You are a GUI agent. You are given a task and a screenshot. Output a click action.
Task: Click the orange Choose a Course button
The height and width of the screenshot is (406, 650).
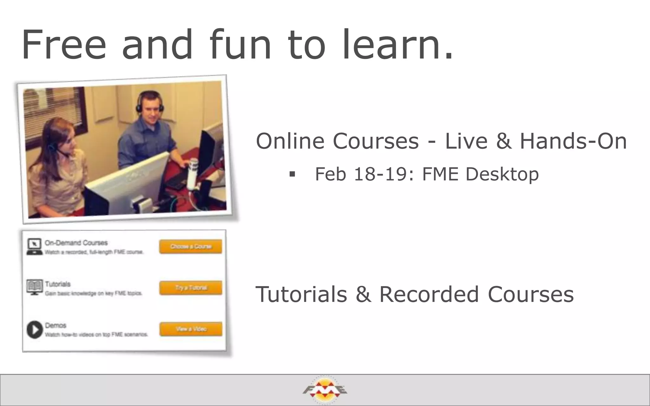pos(190,246)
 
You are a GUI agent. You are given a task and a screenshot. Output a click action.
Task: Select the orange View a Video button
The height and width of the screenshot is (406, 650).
pos(191,329)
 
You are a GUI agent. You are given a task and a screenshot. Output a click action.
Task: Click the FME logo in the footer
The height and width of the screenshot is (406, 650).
pos(325,390)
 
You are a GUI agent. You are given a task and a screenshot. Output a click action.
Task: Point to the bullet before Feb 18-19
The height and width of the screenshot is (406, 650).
pos(292,174)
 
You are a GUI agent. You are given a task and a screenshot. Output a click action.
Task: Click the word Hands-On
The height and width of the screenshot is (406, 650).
pos(573,141)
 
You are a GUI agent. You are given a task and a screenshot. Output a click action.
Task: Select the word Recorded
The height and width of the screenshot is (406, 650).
pos(429,294)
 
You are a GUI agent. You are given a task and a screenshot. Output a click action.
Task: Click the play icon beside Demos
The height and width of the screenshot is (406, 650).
pos(35,330)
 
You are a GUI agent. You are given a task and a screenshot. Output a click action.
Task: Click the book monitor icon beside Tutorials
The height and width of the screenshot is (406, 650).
pos(35,287)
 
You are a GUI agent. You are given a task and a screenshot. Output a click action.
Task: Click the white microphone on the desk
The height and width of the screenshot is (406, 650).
pos(192,173)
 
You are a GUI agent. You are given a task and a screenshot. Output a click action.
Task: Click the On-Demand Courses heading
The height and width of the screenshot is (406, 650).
pos(76,243)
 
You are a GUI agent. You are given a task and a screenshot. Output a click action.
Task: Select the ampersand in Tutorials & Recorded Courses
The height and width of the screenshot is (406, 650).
pos(363,294)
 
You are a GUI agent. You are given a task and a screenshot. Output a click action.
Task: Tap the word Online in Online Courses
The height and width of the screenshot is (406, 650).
pos(290,141)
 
